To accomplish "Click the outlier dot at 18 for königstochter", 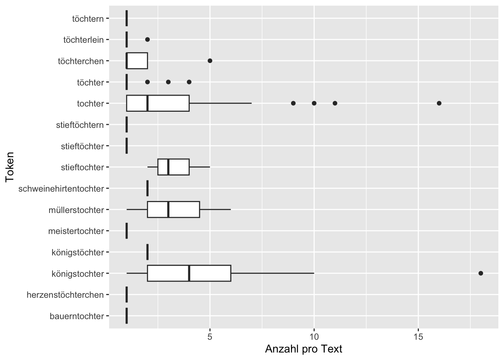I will (481, 273).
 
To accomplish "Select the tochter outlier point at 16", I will (439, 103).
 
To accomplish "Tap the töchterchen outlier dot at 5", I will (210, 61).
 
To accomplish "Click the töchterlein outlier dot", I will (147, 39).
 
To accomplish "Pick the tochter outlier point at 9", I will (293, 103).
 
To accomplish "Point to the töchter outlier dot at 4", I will (189, 82).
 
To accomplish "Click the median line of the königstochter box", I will (189, 273).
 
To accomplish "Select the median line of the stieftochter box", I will (168, 167).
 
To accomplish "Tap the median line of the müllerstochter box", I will (168, 209).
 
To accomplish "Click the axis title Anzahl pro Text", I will (303, 349).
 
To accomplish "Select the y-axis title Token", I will (10, 167).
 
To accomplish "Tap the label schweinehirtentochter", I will (61, 189).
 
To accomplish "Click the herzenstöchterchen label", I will (65, 295).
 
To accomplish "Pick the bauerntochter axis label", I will (76, 316).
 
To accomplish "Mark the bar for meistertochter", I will (127, 231).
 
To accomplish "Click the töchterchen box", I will (137, 61).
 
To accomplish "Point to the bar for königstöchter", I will (147, 252).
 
